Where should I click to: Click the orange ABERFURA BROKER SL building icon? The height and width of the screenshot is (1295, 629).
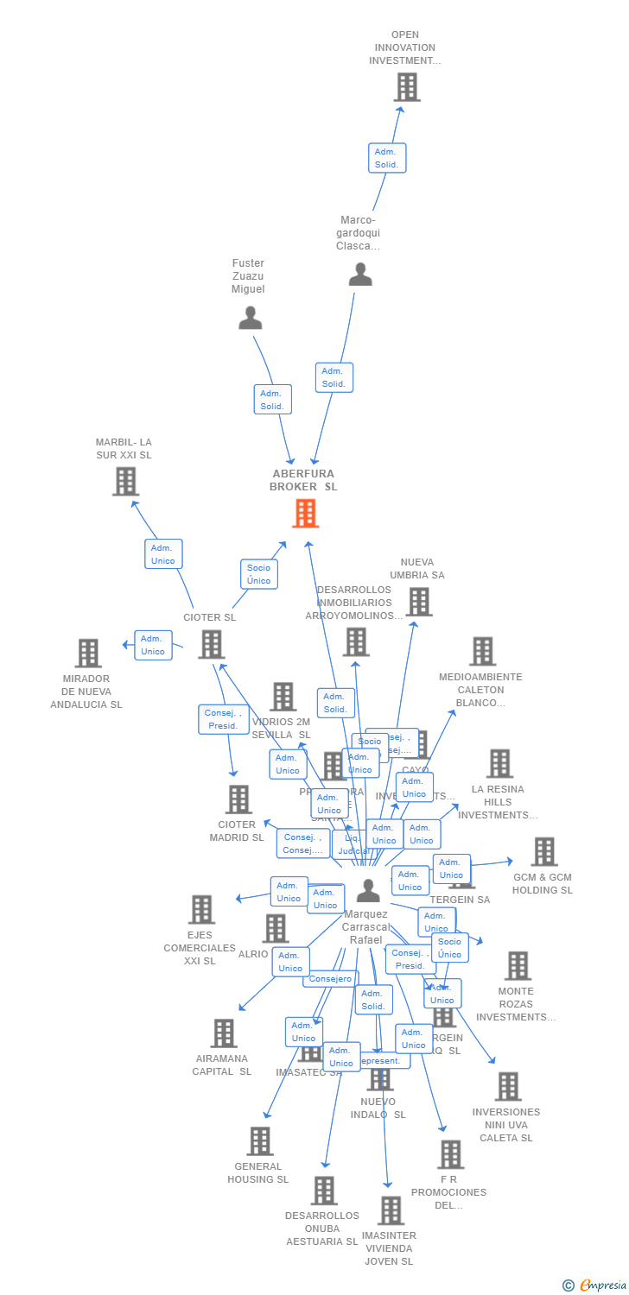[x=305, y=514]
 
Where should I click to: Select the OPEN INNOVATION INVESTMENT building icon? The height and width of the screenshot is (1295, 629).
[x=406, y=87]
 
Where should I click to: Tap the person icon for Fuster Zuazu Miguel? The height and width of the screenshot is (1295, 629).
[x=250, y=319]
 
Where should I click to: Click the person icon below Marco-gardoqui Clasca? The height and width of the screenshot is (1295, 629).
[x=360, y=275]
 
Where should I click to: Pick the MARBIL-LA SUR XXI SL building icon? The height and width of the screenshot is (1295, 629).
[x=125, y=482]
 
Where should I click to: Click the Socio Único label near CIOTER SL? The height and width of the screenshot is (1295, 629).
[x=258, y=574]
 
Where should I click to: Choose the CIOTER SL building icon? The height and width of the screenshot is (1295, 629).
[x=212, y=644]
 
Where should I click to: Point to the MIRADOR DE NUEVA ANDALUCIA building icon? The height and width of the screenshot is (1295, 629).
[x=88, y=654]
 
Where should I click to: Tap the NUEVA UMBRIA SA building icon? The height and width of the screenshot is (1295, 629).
[x=418, y=602]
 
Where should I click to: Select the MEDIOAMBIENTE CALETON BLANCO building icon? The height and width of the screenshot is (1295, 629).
[x=482, y=652]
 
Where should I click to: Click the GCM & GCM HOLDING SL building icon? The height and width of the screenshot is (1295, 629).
[x=543, y=852]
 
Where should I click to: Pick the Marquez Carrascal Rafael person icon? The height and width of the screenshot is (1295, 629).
[x=368, y=891]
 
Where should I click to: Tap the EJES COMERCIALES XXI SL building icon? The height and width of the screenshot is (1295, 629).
[x=201, y=909]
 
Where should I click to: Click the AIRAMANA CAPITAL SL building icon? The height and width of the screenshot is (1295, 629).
[x=224, y=1033]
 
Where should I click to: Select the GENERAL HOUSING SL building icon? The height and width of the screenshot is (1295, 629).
[x=259, y=1141]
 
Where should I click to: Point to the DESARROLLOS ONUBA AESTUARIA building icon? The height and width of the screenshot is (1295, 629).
[x=323, y=1191]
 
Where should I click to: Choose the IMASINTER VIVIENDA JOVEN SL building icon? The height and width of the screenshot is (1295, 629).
[x=391, y=1210]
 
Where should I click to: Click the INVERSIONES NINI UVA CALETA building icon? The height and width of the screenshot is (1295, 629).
[x=508, y=1087]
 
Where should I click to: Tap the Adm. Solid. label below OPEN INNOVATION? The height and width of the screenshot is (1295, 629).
[x=386, y=158]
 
